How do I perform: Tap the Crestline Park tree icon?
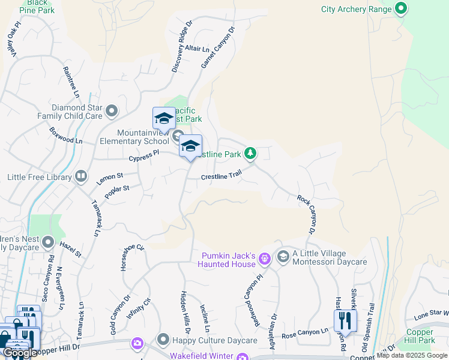click(250, 154)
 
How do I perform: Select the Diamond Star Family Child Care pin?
click(112, 111)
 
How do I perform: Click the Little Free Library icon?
click(80, 177)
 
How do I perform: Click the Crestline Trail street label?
click(221, 176)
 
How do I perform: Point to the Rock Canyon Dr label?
click(306, 214)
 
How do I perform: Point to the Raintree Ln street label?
click(71, 82)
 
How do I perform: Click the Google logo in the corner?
click(20, 353)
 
